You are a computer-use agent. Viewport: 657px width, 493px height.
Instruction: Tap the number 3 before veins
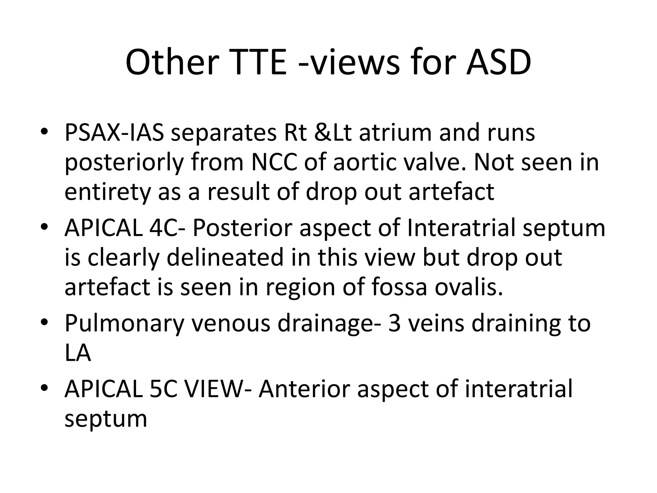click(395, 323)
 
